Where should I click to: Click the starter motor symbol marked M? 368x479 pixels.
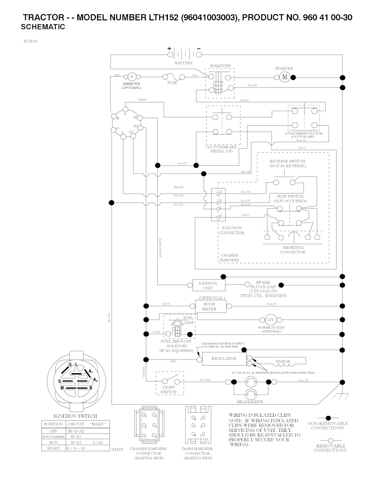285,77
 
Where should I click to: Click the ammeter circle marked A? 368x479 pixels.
132,76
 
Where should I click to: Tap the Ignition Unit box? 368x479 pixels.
208,286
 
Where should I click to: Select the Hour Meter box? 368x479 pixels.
209,306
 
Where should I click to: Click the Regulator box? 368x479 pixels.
224,359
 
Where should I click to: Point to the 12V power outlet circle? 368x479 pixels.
270,320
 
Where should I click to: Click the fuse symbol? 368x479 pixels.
172,77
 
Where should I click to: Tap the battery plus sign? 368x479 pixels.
169,49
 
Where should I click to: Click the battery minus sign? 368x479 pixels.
199,49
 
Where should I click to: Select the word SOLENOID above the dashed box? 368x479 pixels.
220,66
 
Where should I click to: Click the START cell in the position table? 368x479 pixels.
53,448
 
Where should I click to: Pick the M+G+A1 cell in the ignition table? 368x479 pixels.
76,431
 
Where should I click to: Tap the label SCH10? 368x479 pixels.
31,41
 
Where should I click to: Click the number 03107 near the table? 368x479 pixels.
118,449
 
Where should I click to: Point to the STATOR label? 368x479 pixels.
283,362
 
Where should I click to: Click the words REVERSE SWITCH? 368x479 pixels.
287,161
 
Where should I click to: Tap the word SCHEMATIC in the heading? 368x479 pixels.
43,27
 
